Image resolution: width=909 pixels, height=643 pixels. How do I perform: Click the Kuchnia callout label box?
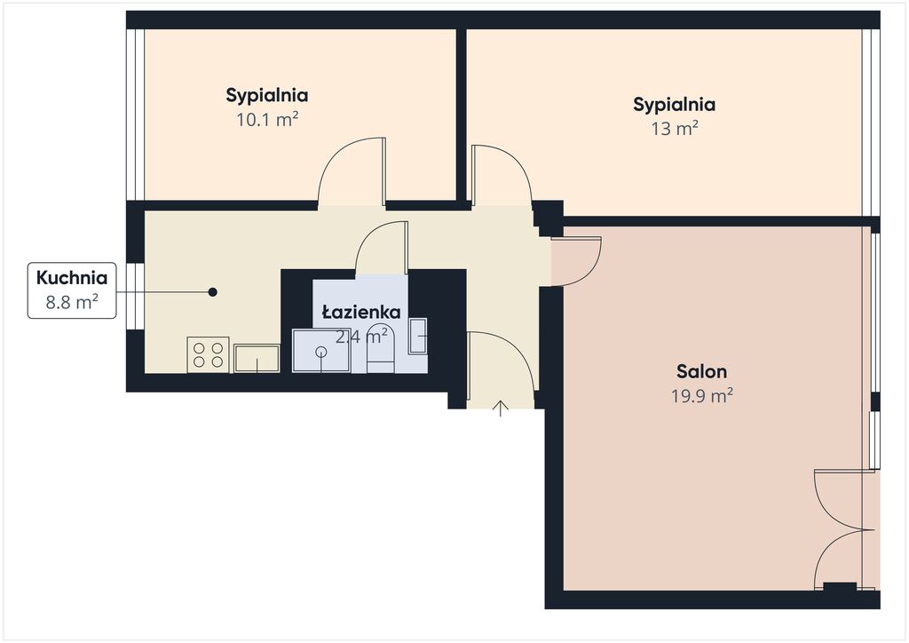(72, 290)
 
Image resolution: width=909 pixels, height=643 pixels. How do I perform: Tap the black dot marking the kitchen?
(213, 292)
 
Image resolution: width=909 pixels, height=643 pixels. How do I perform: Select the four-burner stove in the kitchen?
(208, 355)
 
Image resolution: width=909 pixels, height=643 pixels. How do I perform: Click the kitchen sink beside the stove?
(257, 358)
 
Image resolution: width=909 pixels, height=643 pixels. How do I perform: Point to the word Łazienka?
(361, 313)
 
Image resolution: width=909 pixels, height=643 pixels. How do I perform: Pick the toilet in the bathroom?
(381, 349)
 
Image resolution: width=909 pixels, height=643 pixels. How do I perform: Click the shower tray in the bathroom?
(321, 352)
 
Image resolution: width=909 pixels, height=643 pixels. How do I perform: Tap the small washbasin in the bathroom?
(418, 336)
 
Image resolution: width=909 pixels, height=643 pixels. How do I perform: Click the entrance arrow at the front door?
(501, 409)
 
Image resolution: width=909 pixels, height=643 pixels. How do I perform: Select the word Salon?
(701, 371)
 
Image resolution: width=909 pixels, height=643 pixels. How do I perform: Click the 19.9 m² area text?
(701, 396)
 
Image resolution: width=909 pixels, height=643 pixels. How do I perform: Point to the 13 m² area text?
(675, 128)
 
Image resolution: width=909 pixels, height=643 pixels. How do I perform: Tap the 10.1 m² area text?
(267, 119)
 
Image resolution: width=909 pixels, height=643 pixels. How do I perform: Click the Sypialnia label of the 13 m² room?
(675, 105)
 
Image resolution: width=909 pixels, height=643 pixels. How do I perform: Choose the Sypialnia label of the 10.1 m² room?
(267, 95)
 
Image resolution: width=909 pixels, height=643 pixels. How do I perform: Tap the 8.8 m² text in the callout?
(72, 302)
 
